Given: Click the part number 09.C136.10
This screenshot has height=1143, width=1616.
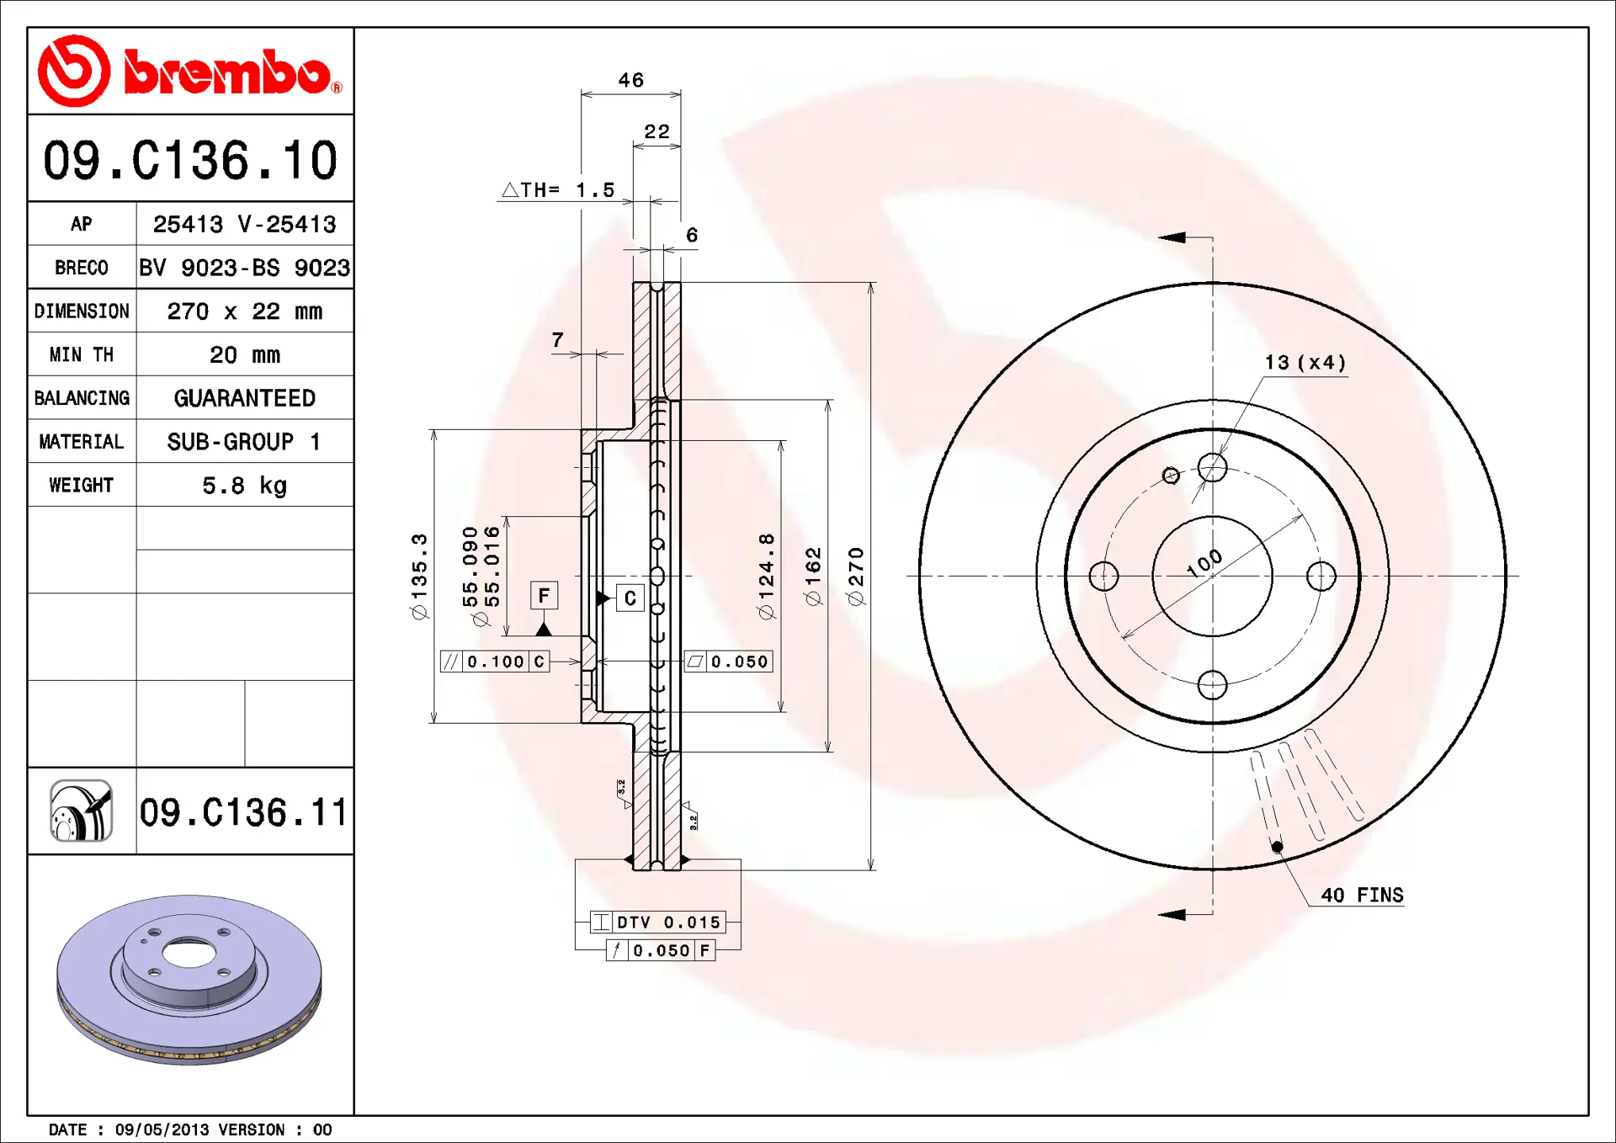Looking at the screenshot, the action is point(190,160).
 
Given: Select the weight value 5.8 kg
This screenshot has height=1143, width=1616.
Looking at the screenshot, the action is point(244,486).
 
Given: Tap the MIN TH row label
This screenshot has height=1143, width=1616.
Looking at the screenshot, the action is point(82,355).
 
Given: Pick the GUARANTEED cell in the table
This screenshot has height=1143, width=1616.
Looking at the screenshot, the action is point(244,398).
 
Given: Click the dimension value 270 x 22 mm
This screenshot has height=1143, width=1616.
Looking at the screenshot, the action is point(244,311).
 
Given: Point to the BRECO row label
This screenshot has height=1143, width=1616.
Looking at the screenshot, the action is point(82,268).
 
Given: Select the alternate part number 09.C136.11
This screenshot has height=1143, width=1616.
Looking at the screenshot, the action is point(243,812).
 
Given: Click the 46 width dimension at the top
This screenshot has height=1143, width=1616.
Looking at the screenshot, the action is point(631,80).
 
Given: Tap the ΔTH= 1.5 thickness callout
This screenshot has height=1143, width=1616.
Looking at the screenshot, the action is point(558,190).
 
